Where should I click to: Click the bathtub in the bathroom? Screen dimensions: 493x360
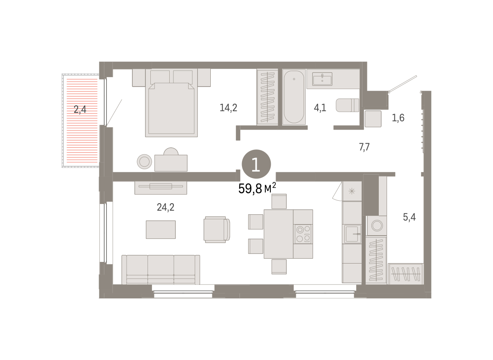tap(294, 97)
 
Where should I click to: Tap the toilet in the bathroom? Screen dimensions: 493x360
tap(347, 105)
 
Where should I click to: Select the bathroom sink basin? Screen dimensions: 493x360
tap(322, 79)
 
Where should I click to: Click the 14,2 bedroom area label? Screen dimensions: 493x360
tap(228, 108)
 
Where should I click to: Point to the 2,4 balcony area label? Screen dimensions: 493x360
tap(80, 109)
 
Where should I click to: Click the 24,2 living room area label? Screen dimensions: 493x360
tap(166, 207)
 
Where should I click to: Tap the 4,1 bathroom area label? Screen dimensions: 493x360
tap(320, 108)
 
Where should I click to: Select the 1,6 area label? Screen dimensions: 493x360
tap(398, 118)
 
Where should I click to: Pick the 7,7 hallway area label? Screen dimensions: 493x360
tap(364, 147)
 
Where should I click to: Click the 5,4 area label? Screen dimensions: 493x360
tap(409, 217)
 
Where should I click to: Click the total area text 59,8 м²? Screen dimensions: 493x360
tap(257, 188)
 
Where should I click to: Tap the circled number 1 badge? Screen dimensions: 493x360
tap(256, 164)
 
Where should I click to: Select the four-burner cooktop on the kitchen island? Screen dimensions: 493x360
tap(303, 234)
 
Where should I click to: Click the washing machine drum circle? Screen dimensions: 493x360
tap(377, 226)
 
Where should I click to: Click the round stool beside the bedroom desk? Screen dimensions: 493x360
tap(144, 162)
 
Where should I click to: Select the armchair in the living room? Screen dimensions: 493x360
tap(217, 229)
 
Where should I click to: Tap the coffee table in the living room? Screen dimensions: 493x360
tap(161, 229)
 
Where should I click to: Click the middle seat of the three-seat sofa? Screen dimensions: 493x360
tap(161, 269)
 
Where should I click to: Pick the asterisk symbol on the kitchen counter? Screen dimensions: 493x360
tap(352, 191)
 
